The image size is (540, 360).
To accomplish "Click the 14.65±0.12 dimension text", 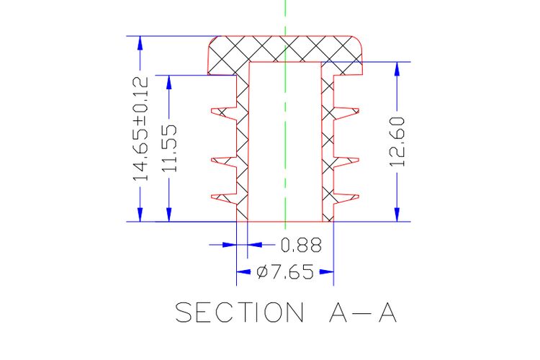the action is point(141,129).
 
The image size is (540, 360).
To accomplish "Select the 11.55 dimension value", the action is point(170,148).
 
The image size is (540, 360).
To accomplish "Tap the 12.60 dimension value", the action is point(397,142).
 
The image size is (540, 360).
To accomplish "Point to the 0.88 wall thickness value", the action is point(301,246).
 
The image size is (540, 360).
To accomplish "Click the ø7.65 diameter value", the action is point(285,272).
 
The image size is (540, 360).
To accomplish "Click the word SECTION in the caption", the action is point(240,312).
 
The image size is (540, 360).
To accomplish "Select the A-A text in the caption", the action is point(363,312).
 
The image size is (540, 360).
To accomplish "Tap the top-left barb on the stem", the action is point(224,113).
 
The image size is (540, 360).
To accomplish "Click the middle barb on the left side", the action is point(224,163).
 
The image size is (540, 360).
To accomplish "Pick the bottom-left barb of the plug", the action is point(224,198).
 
